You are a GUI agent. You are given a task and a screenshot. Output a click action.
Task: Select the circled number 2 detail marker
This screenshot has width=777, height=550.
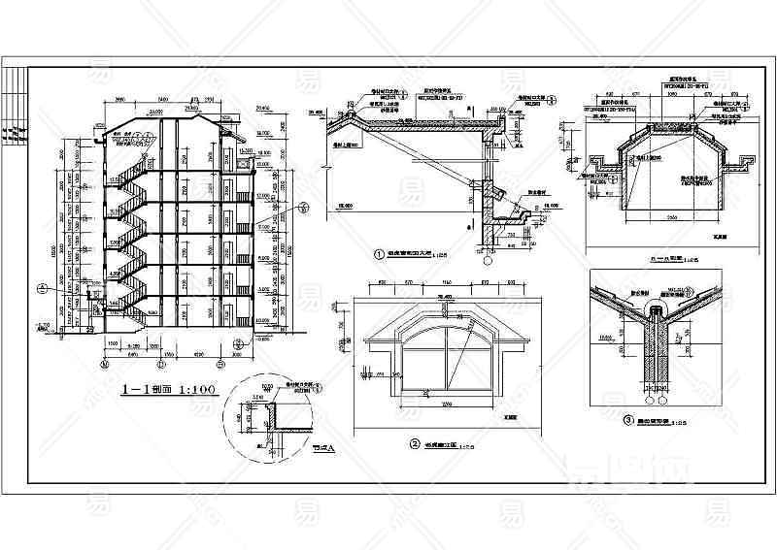tap(414, 444)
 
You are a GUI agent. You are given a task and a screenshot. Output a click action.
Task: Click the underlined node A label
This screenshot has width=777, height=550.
tap(321, 448)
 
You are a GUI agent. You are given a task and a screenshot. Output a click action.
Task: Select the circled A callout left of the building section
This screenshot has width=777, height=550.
tap(42, 286)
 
